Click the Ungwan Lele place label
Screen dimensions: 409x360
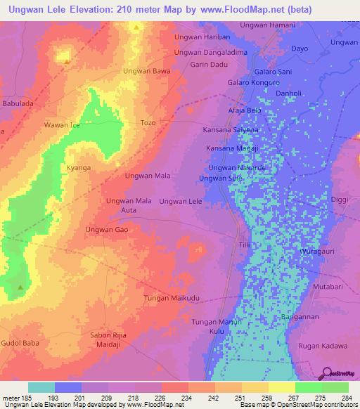(x=181, y=202)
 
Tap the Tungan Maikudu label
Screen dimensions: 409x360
(x=172, y=299)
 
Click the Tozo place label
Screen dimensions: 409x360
(x=148, y=123)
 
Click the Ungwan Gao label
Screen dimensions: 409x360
(x=105, y=230)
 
